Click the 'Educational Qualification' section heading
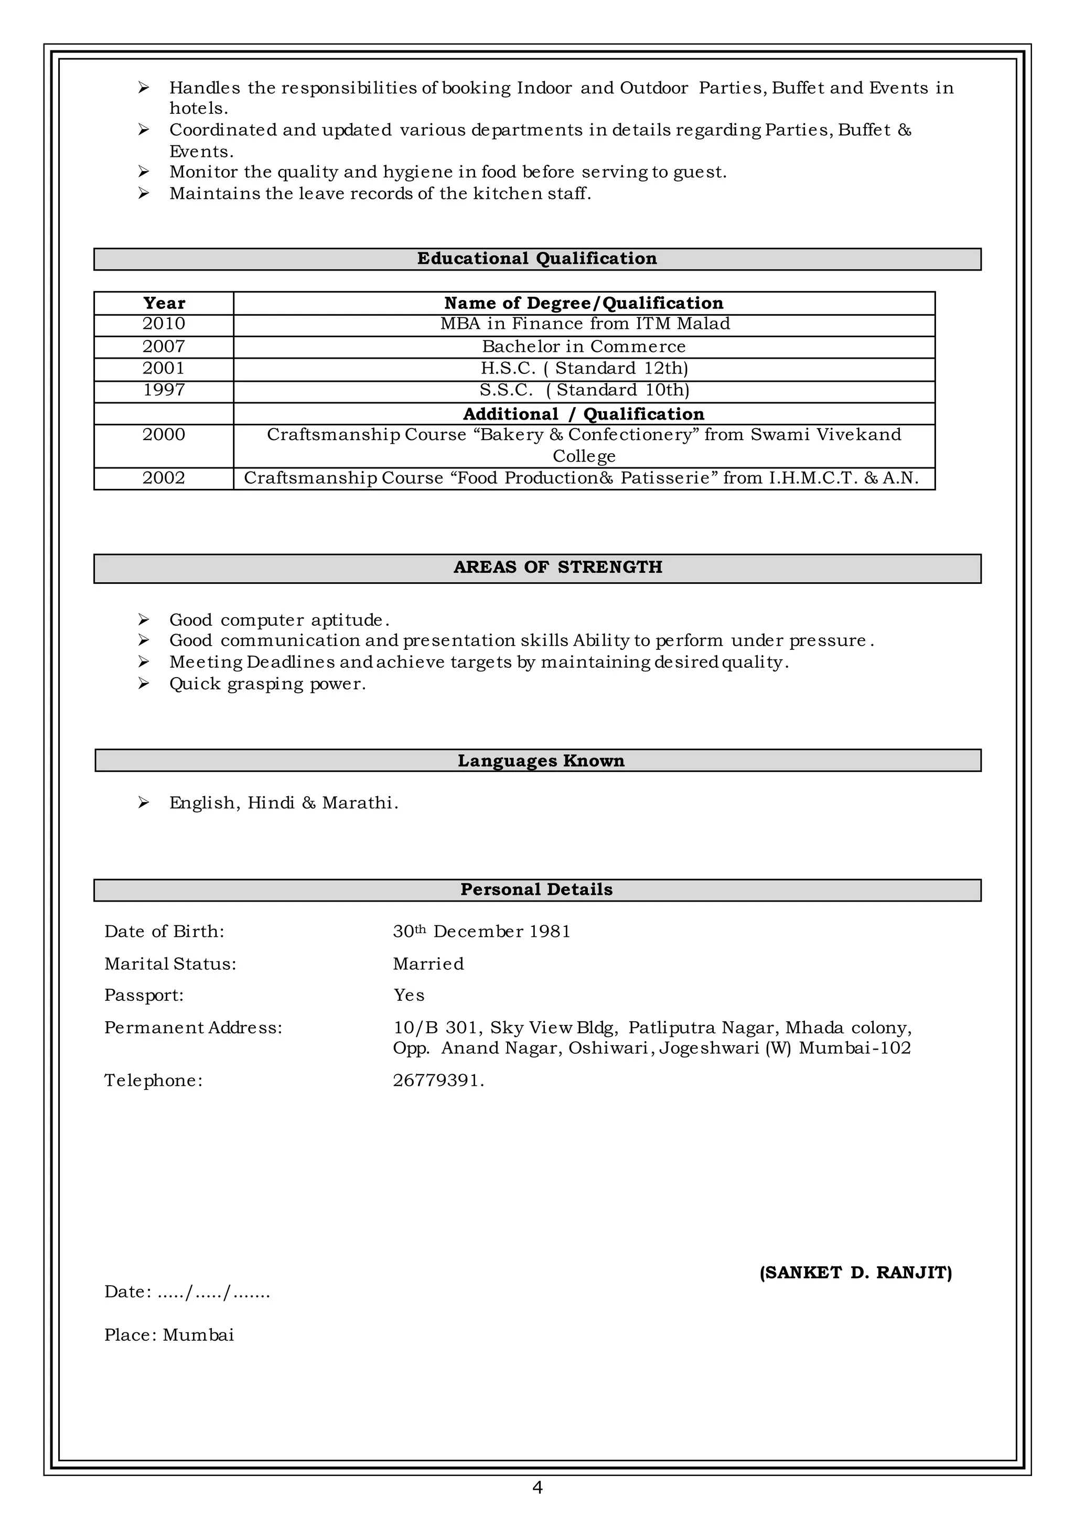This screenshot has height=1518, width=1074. point(536,259)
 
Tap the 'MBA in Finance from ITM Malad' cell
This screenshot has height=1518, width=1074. point(585,324)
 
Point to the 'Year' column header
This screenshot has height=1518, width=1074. point(164,303)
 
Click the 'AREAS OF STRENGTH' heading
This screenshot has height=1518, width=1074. point(557,568)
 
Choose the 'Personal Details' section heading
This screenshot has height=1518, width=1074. point(536,890)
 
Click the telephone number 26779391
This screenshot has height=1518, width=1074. point(437,1080)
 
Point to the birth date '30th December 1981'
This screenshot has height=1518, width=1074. point(481,931)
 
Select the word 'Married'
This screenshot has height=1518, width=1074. point(428,964)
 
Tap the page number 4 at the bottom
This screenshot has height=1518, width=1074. point(537,1488)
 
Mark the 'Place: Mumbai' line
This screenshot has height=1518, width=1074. point(169,1335)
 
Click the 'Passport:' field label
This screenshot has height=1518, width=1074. point(144,996)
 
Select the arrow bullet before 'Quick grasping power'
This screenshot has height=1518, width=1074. point(144,683)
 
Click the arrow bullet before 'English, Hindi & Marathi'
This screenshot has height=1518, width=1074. point(144,803)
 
